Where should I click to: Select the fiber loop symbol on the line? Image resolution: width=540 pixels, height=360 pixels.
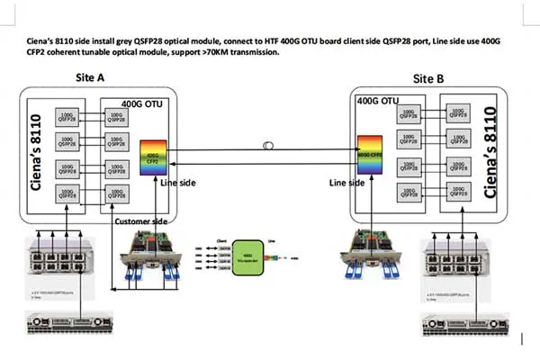point(265,144)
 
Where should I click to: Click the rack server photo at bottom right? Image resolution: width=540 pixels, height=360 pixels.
point(460,325)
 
